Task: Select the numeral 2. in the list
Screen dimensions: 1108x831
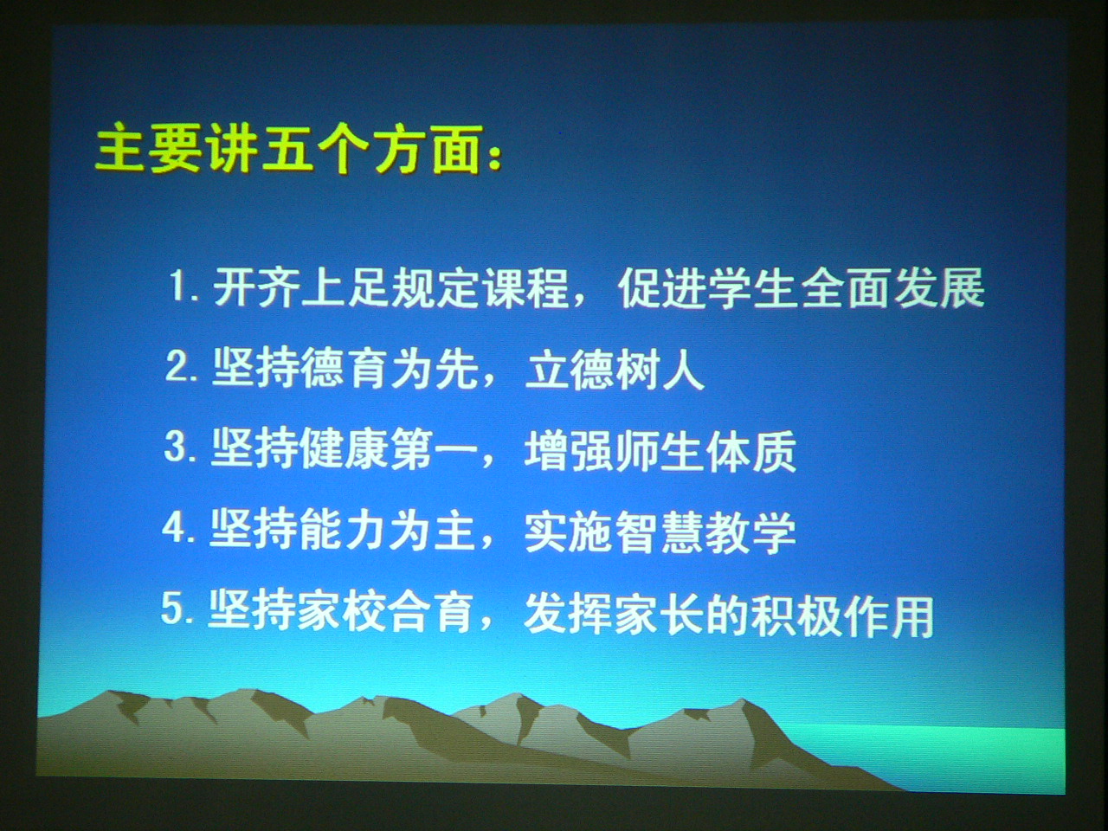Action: [x=181, y=367]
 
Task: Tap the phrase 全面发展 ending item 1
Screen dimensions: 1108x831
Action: [x=894, y=287]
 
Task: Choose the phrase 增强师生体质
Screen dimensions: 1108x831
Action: [x=660, y=451]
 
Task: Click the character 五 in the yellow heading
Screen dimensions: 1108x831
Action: [x=287, y=150]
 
